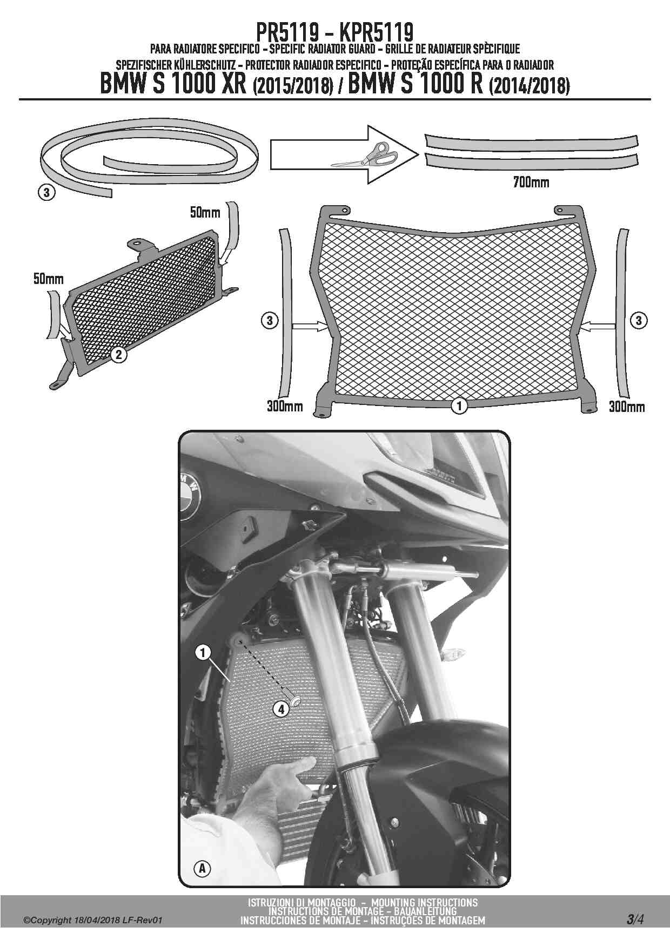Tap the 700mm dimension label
(531, 182)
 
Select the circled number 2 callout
(118, 355)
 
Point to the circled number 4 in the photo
(280, 709)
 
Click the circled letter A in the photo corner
(202, 869)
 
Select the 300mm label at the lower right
(627, 407)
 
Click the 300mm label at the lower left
(285, 406)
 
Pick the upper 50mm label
(205, 212)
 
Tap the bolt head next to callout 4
(296, 701)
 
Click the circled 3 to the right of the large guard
(639, 321)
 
